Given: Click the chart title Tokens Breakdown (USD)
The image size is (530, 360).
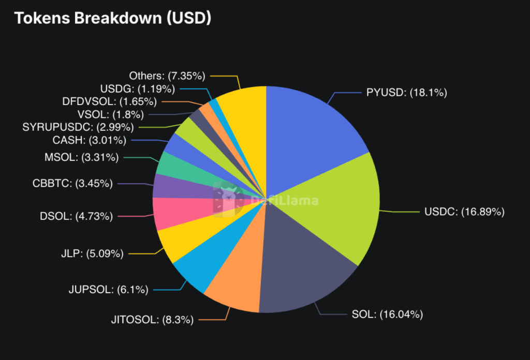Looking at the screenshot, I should pyautogui.click(x=112, y=18).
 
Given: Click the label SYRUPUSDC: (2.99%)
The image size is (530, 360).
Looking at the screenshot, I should pyautogui.click(x=78, y=127).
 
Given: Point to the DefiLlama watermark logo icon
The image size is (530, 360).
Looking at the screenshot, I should pyautogui.click(x=228, y=199).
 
